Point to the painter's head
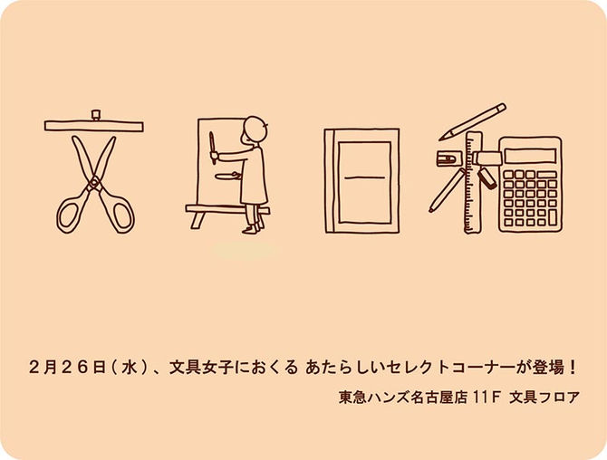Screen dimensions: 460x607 [x=257, y=129]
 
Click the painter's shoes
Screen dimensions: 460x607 [x=252, y=231]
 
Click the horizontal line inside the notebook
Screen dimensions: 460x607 [x=361, y=177]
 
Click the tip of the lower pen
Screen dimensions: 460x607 [x=432, y=210]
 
